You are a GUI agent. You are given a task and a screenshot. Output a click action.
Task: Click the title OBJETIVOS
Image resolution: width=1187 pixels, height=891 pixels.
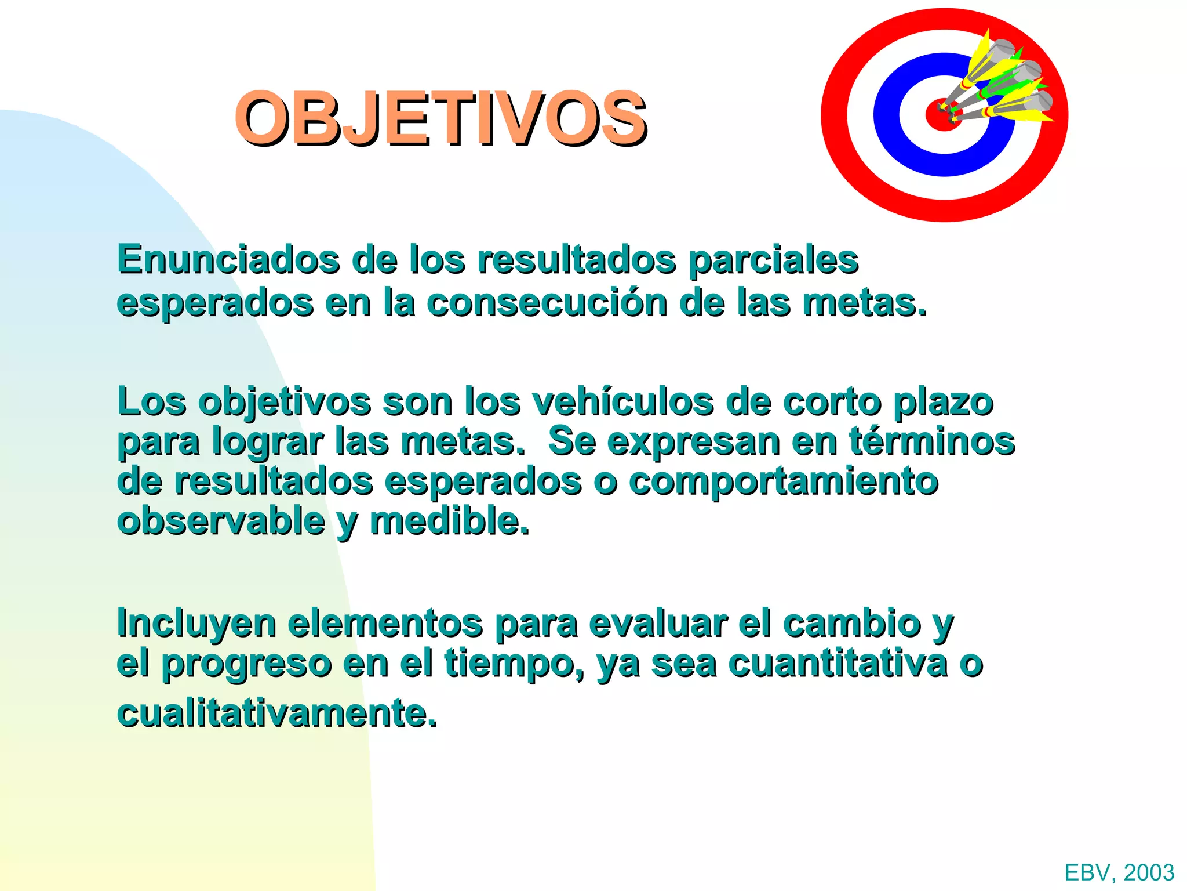click(x=440, y=118)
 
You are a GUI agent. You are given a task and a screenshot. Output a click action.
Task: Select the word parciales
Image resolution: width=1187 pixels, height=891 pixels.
click(x=773, y=260)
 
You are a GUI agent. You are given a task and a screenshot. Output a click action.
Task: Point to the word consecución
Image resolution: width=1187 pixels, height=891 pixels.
click(x=547, y=303)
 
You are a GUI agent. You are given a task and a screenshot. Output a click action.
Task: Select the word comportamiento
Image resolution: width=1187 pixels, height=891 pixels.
click(x=784, y=482)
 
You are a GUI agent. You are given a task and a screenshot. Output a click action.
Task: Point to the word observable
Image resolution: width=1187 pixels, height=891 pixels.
click(x=221, y=521)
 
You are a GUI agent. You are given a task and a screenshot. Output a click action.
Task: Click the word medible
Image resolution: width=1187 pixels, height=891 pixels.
click(x=449, y=521)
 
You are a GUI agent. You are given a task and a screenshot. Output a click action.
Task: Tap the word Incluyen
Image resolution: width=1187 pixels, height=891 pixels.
click(x=196, y=624)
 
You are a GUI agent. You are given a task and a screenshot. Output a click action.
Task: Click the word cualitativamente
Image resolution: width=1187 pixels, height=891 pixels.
click(x=276, y=713)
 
